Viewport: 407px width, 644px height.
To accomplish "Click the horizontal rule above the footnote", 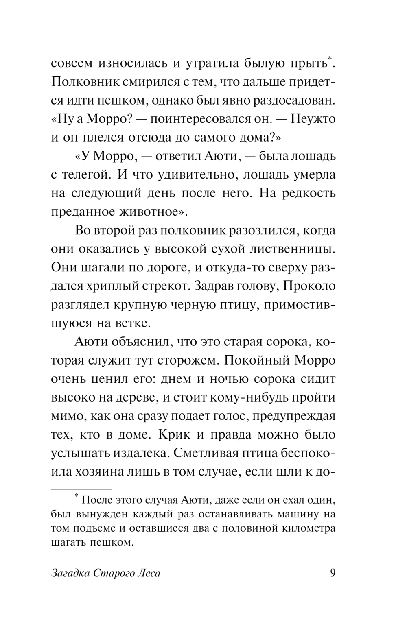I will pyautogui.click(x=81, y=488).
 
